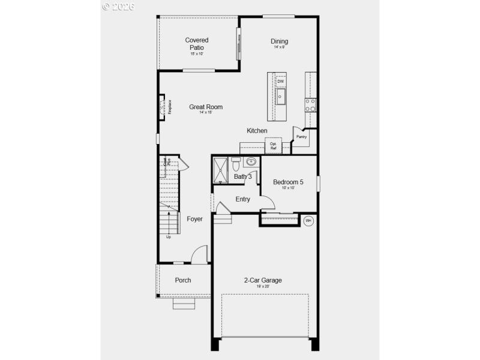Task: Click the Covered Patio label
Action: tap(197, 44)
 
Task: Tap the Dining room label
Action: tap(280, 41)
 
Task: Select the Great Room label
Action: tap(206, 107)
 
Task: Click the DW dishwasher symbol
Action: tap(281, 82)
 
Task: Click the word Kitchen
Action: tap(257, 131)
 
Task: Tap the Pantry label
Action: tap(301, 137)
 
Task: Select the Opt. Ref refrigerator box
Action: tap(273, 146)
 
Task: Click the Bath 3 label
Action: tap(243, 176)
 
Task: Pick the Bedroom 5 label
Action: tap(288, 182)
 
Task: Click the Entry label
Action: tap(243, 199)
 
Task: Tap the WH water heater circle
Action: tap(308, 221)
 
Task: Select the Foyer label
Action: tap(194, 219)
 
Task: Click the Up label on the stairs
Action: tap(168, 236)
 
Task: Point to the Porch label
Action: tap(183, 280)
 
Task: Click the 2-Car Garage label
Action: tap(263, 280)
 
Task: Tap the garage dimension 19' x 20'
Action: tap(263, 287)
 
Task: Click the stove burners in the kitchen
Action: tap(311, 105)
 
